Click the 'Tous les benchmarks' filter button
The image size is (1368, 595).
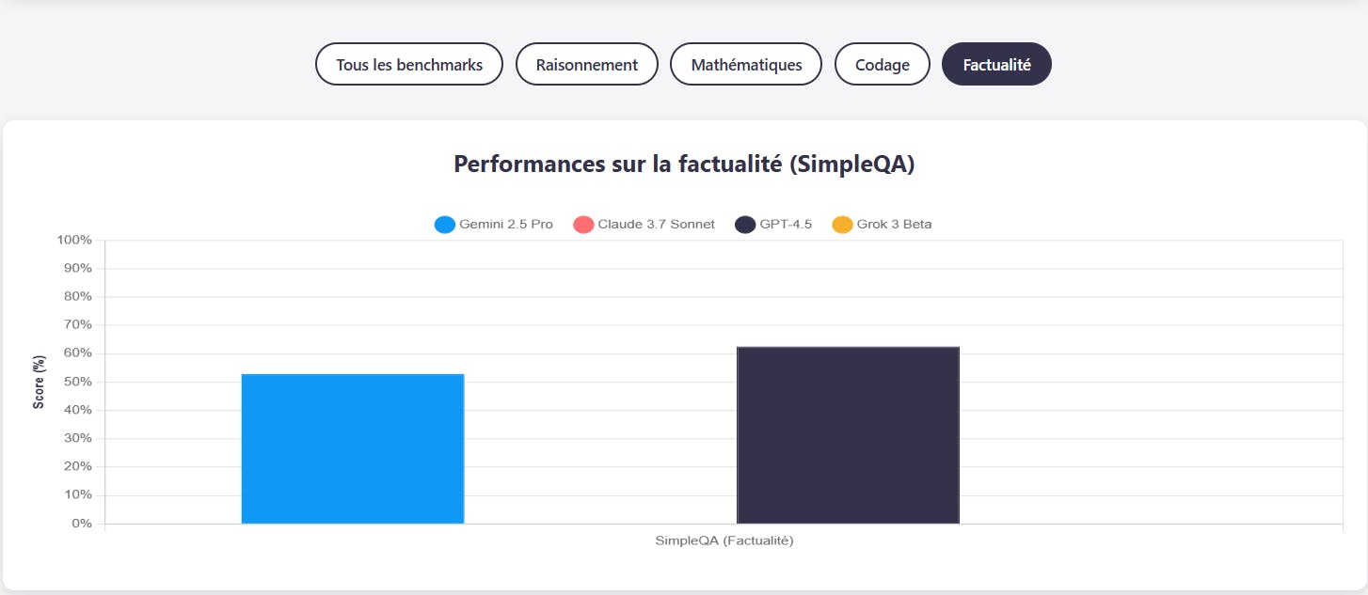(x=409, y=64)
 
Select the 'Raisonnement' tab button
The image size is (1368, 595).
(x=587, y=64)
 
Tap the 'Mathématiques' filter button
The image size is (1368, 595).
(x=746, y=64)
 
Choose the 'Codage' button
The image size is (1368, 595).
(x=883, y=64)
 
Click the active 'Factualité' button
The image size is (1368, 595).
(x=996, y=64)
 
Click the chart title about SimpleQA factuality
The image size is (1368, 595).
(x=684, y=164)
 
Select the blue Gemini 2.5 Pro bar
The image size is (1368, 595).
(x=353, y=448)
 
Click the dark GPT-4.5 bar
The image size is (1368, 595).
(x=848, y=435)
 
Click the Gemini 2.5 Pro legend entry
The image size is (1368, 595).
(x=494, y=225)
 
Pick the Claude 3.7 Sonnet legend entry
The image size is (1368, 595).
(x=644, y=225)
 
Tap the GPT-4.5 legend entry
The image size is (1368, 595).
(x=774, y=225)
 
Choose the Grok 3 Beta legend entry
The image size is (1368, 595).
(x=883, y=225)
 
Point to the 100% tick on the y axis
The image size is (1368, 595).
(x=74, y=241)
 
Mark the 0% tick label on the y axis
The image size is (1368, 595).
(x=82, y=524)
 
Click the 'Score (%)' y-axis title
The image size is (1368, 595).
(x=39, y=382)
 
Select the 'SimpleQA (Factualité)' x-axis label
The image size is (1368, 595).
(x=724, y=540)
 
